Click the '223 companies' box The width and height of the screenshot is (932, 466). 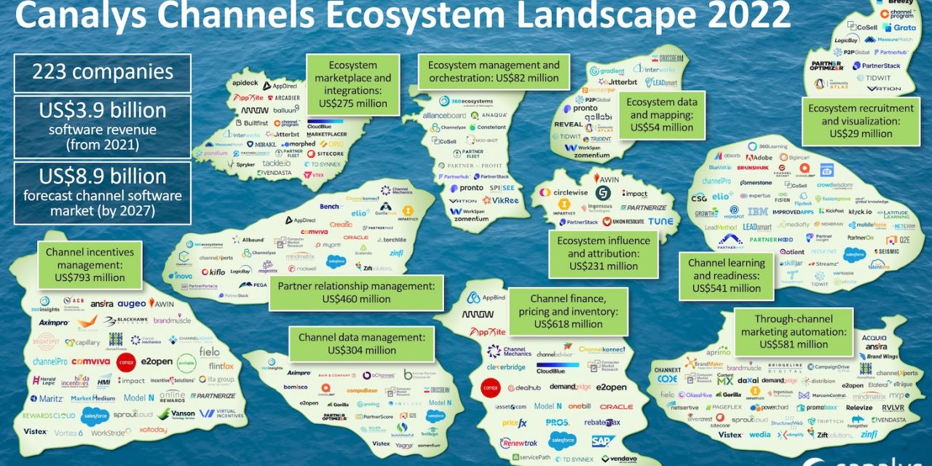[x=102, y=73]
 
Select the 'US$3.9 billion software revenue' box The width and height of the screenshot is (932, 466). [x=102, y=126]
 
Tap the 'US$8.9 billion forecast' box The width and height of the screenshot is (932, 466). [x=102, y=192]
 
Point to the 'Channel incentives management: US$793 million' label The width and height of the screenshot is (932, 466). [x=84, y=264]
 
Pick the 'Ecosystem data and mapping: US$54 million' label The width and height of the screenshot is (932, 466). [x=661, y=114]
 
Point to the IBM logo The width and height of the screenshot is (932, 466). [x=758, y=212]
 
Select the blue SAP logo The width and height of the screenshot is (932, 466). [x=603, y=441]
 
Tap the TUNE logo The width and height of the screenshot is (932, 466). [x=660, y=221]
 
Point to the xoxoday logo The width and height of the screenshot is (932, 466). [x=152, y=430]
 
